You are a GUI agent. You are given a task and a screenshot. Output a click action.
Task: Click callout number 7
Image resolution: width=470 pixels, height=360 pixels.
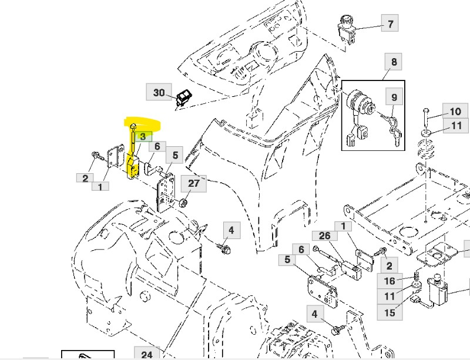pos(389,24)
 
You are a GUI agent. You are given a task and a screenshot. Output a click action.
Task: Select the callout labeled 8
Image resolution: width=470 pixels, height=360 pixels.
pos(393,62)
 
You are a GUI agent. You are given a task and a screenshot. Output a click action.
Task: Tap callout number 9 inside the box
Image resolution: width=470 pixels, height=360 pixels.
pos(394,97)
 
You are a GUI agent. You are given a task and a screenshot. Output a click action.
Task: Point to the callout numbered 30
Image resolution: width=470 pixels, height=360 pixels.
pos(159,92)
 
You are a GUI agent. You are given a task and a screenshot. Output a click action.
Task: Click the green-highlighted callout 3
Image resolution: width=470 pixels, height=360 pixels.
pos(141,136)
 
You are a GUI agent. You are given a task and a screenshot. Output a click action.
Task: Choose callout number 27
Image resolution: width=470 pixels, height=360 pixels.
pos(193,183)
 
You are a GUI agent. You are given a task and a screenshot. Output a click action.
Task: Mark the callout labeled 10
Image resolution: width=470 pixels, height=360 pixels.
pos(455,111)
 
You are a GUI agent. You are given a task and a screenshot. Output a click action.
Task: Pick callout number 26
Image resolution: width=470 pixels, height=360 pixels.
pos(325,236)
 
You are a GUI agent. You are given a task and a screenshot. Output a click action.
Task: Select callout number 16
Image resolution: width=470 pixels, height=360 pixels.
pos(390,281)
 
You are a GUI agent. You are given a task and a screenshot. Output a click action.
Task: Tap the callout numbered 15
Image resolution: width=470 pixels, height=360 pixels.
pos(390,312)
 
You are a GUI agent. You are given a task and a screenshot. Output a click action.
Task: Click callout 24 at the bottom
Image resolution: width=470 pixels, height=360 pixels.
pos(147,354)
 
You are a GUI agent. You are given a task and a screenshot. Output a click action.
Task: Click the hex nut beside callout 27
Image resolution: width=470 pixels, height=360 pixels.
pos(183,203)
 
